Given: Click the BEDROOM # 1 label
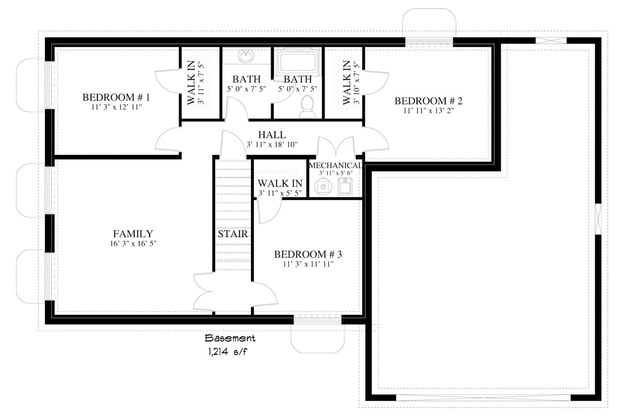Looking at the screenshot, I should [116, 98].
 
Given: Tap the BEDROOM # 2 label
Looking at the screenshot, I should [428, 101].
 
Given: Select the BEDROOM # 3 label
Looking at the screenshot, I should [308, 254].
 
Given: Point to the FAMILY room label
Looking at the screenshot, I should [133, 234].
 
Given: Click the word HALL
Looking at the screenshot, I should [272, 135].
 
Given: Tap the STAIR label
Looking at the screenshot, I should [233, 234].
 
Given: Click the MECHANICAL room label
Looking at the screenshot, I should [335, 165].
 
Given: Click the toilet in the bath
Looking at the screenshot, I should [307, 106].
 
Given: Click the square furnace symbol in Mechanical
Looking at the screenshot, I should [345, 187].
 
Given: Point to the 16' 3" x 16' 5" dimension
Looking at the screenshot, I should [133, 244].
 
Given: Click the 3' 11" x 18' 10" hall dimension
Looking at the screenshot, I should [272, 144].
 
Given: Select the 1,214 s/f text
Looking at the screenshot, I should [228, 352].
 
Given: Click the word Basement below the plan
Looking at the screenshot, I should [230, 338].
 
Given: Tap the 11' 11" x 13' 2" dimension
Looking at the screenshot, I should [428, 111].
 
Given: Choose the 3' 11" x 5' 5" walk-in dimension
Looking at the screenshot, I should [280, 193].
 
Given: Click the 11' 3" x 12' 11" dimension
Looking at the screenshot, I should [116, 107].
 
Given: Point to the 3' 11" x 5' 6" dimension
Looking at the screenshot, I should [335, 173].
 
